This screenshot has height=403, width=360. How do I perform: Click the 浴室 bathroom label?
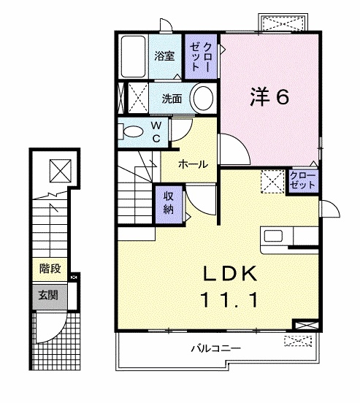pos(164,55)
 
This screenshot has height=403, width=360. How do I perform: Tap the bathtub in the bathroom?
pos(133,56)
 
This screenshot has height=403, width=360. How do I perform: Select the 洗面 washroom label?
pos(172,99)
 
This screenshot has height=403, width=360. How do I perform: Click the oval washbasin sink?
pos(202,98)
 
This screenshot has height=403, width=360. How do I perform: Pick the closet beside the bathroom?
pos(201,55)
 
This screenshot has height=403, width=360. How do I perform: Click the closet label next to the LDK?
pos(302,180)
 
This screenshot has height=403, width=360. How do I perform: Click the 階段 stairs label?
pos(50,268)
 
